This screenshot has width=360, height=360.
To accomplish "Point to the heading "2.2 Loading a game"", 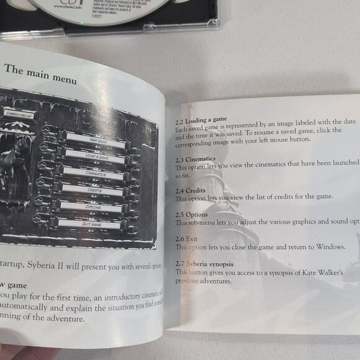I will click(x=201, y=118).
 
